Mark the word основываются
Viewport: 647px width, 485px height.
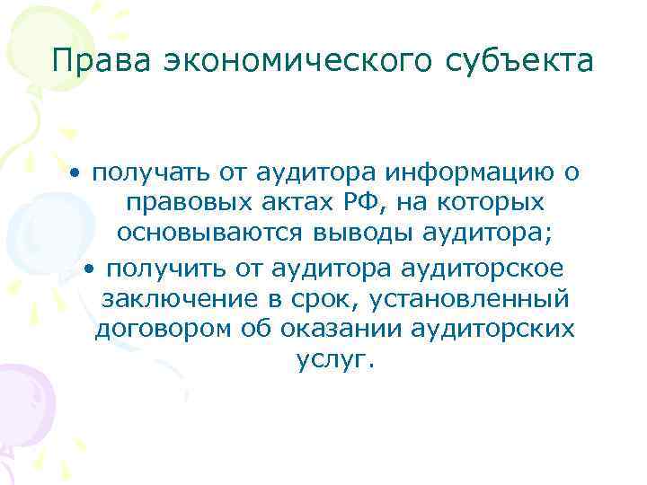coord(209,234)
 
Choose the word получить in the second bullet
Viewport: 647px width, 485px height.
coord(159,267)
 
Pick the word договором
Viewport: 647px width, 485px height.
coord(162,330)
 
